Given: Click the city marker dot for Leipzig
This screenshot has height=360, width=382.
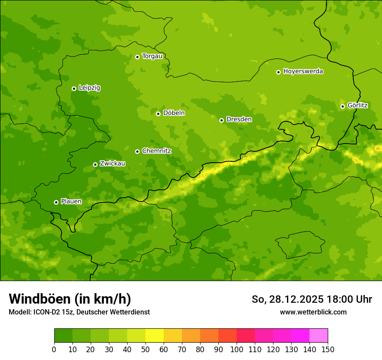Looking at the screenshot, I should (74, 88).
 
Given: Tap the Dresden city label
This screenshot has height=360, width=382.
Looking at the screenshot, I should (239, 119).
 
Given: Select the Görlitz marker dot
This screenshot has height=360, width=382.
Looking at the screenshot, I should (342, 106).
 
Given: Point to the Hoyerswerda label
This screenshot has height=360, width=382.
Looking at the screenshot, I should (303, 71).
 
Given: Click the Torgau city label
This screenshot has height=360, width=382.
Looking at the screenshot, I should (152, 56).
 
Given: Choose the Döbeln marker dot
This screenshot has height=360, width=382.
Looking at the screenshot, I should (158, 114).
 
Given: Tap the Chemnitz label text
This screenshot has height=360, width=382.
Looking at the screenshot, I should (156, 151).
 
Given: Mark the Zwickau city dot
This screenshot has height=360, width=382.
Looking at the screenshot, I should (95, 164).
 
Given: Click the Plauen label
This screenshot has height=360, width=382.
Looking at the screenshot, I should (71, 201).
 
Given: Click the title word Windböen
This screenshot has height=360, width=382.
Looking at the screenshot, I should (40, 299).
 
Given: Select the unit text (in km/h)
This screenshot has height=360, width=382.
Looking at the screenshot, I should (102, 299).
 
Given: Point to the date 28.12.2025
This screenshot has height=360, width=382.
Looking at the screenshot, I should (296, 299).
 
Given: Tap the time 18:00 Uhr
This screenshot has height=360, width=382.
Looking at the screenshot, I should (349, 299).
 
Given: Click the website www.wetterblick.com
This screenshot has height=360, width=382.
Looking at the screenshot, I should (313, 312).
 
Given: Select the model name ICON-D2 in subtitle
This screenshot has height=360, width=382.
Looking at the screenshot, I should (49, 312).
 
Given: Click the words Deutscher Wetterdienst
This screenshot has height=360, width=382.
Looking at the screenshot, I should (115, 312).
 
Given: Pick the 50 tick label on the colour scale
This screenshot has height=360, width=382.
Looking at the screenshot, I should (145, 350).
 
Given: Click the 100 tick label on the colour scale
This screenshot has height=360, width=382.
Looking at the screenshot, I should (237, 350).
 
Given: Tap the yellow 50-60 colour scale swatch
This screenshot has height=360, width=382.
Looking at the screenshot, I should (155, 336).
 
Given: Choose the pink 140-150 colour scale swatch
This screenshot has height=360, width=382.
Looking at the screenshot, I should (319, 336).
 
